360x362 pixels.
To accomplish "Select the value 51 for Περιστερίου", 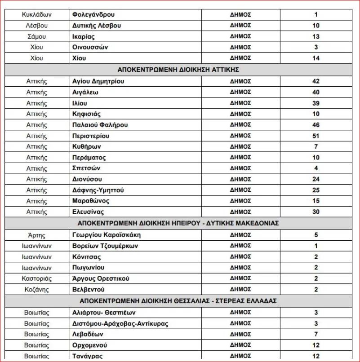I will coord(316,136).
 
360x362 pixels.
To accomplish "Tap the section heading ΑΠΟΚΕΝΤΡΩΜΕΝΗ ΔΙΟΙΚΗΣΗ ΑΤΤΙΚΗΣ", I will coord(178,70).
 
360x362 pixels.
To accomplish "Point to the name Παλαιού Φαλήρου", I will coord(100,125).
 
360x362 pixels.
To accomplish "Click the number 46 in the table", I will coord(316,125).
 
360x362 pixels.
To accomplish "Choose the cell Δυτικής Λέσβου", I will coord(97,26).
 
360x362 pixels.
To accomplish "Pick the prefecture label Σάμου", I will coord(36,36).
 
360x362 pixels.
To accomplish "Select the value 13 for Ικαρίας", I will coord(316,36).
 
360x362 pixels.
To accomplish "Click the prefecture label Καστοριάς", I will coord(36,278).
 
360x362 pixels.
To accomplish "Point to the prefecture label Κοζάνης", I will coord(36,289).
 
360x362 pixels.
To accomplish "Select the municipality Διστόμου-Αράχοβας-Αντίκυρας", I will coord(120,323).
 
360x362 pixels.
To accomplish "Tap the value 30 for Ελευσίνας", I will coord(316,212).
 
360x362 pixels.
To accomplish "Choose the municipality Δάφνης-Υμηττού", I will coord(98,190).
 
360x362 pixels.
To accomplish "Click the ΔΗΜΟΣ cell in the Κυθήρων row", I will coord(240,146).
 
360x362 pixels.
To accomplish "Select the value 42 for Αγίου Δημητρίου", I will coord(316,81).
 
